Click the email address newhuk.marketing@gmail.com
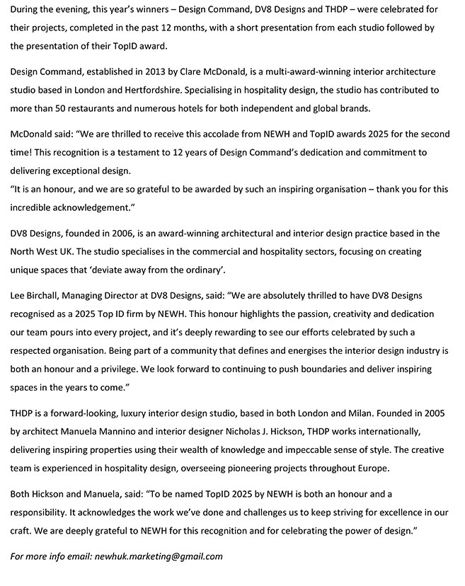[158, 556]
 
